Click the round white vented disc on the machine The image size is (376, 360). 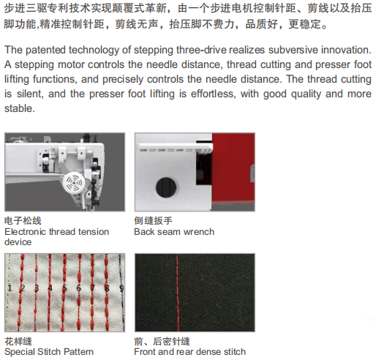74,183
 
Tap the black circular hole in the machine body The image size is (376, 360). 166,187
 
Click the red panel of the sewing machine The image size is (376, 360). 233,168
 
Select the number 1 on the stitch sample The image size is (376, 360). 10,288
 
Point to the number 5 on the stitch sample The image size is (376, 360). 64,288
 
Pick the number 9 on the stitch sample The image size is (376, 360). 121,288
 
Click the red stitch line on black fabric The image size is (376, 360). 177,293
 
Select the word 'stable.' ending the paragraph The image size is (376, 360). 20,108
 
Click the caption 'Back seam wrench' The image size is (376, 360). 174,232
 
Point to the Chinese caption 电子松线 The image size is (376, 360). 23,221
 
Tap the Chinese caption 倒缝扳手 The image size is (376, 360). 153,221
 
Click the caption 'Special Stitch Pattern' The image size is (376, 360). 49,352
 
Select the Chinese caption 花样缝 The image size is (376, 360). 18,341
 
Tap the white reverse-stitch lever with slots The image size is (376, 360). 175,148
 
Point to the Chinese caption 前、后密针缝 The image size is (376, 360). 162,341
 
